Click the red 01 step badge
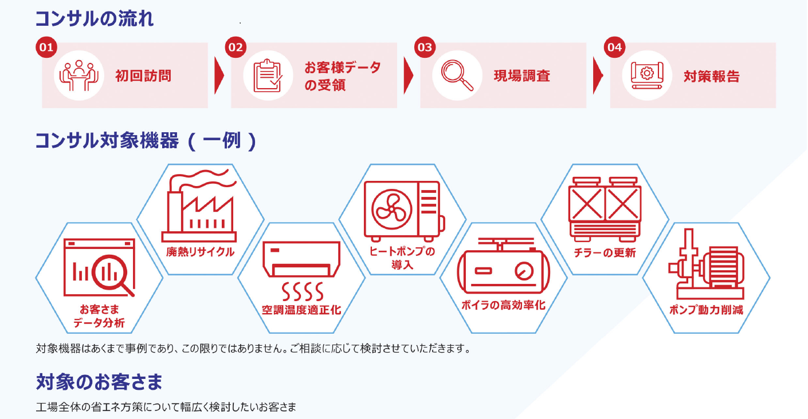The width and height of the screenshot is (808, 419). pyautogui.click(x=46, y=47)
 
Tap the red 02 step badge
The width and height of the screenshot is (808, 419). pyautogui.click(x=236, y=47)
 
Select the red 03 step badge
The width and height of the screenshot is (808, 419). pyautogui.click(x=425, y=47)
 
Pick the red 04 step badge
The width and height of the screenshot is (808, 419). pyautogui.click(x=615, y=47)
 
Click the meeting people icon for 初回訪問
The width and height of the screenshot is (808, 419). pyautogui.click(x=79, y=76)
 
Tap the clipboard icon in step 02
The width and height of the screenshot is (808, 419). pyautogui.click(x=267, y=76)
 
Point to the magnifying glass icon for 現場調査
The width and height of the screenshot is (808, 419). pyautogui.click(x=457, y=76)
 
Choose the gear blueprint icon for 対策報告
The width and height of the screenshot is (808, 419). pyautogui.click(x=647, y=76)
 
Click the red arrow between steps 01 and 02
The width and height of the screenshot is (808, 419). pyautogui.click(x=219, y=76)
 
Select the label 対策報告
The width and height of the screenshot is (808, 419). pyautogui.click(x=712, y=76)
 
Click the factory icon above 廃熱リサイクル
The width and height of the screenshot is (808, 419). pyautogui.click(x=199, y=205)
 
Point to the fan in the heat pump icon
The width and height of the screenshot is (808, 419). pyautogui.click(x=391, y=209)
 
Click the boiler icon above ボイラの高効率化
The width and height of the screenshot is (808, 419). pyautogui.click(x=504, y=266)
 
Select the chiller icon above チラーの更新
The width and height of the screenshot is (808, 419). pyautogui.click(x=605, y=209)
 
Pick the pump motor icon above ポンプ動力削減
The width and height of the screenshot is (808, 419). pyautogui.click(x=706, y=264)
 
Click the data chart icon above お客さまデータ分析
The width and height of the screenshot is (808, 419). pyautogui.click(x=99, y=267)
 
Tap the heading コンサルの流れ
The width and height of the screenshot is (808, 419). pyautogui.click(x=95, y=18)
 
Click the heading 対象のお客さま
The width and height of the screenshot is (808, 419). pyautogui.click(x=99, y=382)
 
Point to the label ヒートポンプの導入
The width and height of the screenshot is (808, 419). pyautogui.click(x=402, y=258)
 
